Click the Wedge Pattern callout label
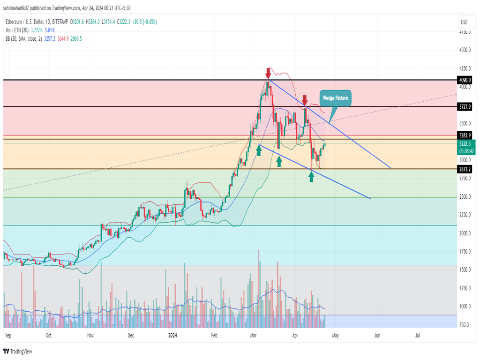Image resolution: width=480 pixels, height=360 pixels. (335, 98)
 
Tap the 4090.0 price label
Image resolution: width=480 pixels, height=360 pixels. (465, 80)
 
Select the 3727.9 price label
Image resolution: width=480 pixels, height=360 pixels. (465, 107)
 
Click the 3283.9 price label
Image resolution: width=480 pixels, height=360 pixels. (465, 135)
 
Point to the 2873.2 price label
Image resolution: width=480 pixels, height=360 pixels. (465, 169)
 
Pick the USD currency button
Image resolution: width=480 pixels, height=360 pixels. (464, 22)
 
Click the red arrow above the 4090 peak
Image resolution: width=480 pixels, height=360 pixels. (268, 73)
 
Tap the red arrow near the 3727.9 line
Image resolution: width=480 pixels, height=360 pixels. (305, 100)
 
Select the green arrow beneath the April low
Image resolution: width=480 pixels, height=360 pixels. (311, 176)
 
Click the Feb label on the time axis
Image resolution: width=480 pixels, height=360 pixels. (215, 336)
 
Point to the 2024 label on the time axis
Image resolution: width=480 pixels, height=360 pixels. (172, 336)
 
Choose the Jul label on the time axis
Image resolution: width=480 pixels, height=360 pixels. (418, 336)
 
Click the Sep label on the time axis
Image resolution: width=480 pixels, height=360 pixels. (7, 336)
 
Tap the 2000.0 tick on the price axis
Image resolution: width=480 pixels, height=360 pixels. (465, 233)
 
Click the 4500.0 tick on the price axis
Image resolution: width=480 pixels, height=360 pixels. (465, 50)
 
